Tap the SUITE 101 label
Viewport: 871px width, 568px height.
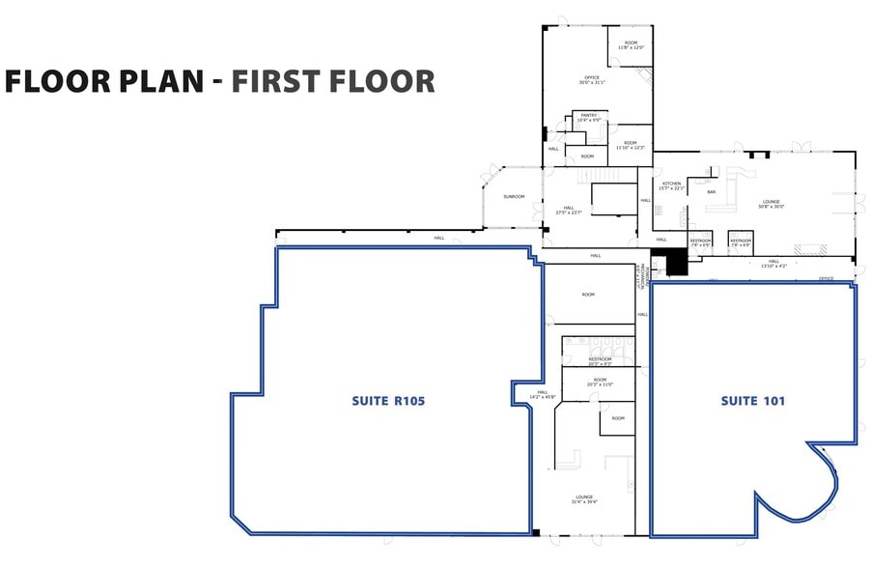tap(752, 400)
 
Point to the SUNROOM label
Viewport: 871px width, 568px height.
tap(514, 197)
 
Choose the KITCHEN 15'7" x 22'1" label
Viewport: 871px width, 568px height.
tap(671, 185)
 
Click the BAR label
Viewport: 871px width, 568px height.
tap(711, 192)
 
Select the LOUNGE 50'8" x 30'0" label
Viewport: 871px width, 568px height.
tap(771, 204)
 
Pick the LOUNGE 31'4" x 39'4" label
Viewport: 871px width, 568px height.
tap(584, 499)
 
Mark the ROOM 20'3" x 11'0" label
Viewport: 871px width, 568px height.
tap(599, 383)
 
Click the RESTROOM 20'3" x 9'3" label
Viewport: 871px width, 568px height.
tap(600, 361)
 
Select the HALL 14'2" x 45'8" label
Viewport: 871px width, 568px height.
tap(541, 395)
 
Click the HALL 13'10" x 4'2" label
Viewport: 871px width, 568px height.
tap(773, 263)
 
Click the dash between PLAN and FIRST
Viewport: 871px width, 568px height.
tap(219, 81)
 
